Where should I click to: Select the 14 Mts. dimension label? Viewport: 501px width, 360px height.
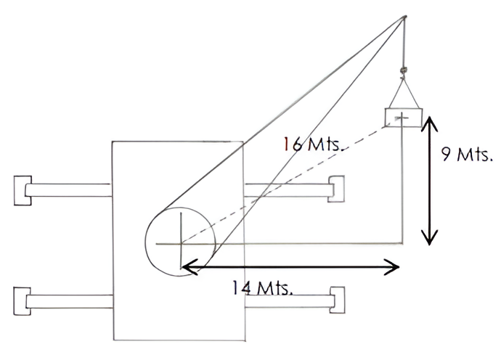click(262, 287)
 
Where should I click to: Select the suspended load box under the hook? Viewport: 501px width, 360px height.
click(404, 118)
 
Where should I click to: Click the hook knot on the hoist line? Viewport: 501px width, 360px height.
click(404, 70)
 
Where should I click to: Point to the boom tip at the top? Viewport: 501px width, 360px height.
click(405, 16)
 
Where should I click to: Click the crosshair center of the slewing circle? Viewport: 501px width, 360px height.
click(182, 244)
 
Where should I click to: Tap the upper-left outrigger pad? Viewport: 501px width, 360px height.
click(23, 190)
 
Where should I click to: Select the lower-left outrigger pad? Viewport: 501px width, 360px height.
click(22, 301)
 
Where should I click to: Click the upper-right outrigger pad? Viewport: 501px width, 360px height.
click(336, 189)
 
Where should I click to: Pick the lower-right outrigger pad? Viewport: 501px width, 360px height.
click(338, 300)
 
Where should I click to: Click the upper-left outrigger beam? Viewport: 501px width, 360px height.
click(69, 190)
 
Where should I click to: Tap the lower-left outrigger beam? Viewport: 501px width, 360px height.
click(70, 301)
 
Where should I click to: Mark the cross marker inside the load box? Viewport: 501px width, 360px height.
click(402, 118)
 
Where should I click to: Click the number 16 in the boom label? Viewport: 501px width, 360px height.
click(293, 144)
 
